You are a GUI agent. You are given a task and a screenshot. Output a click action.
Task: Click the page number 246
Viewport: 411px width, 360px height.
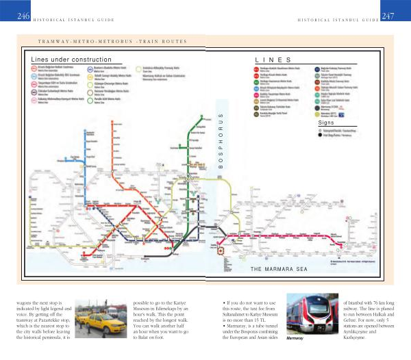tap(23, 15)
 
